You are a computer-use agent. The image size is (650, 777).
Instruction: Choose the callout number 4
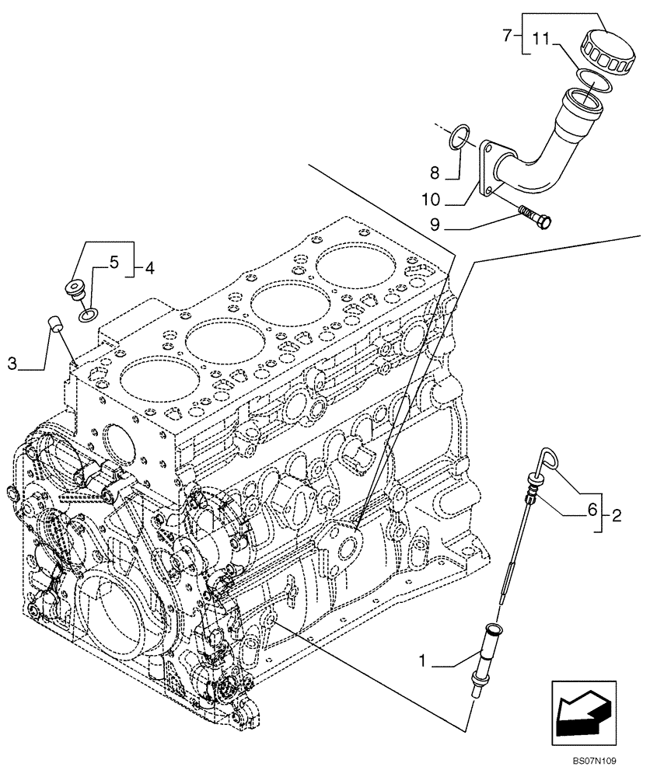(x=149, y=270)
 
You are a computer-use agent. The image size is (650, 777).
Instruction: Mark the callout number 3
(x=12, y=362)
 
